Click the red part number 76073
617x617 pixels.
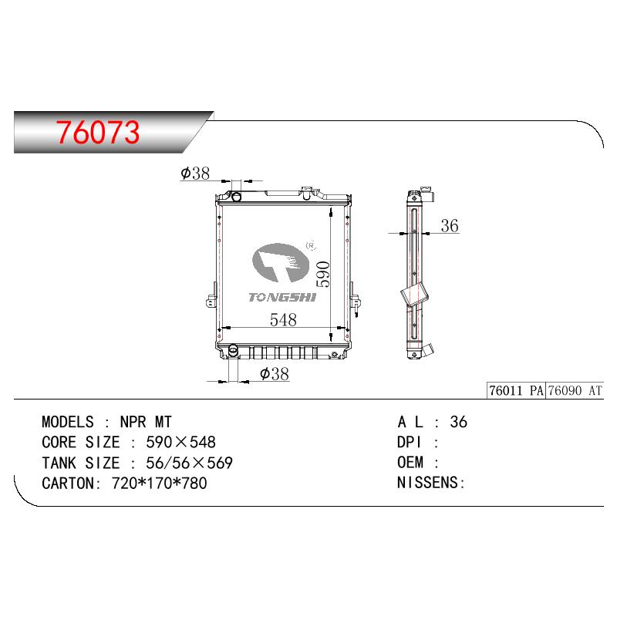click(x=98, y=132)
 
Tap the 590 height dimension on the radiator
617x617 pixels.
click(x=323, y=275)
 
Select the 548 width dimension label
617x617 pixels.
click(x=283, y=319)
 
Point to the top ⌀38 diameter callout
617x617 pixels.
click(x=195, y=173)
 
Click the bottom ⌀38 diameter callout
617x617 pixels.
click(x=275, y=374)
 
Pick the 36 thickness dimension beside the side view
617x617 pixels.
click(x=450, y=226)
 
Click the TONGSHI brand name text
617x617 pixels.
click(x=282, y=297)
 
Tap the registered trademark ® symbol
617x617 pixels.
click(x=312, y=245)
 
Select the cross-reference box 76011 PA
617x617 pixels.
click(x=516, y=390)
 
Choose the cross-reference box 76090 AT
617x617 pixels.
click(x=575, y=390)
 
